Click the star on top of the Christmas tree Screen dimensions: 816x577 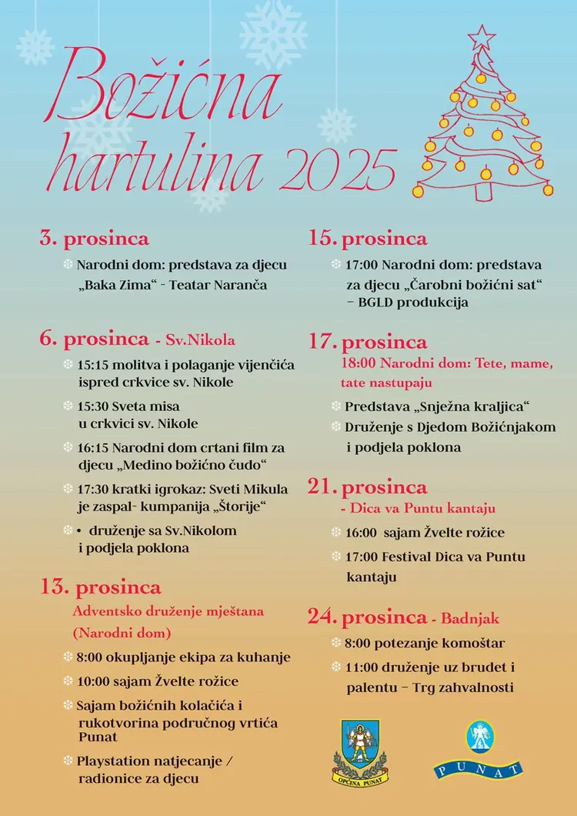(x=482, y=36)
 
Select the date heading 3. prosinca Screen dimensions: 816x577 (x=94, y=239)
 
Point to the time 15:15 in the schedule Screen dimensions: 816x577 (x=93, y=365)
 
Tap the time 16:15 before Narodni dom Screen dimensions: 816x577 (x=93, y=447)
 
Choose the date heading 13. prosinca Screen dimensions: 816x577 (x=101, y=587)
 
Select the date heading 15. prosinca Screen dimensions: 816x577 (x=368, y=239)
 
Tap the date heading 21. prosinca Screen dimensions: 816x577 (x=368, y=487)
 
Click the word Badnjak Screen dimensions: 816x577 (x=472, y=618)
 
